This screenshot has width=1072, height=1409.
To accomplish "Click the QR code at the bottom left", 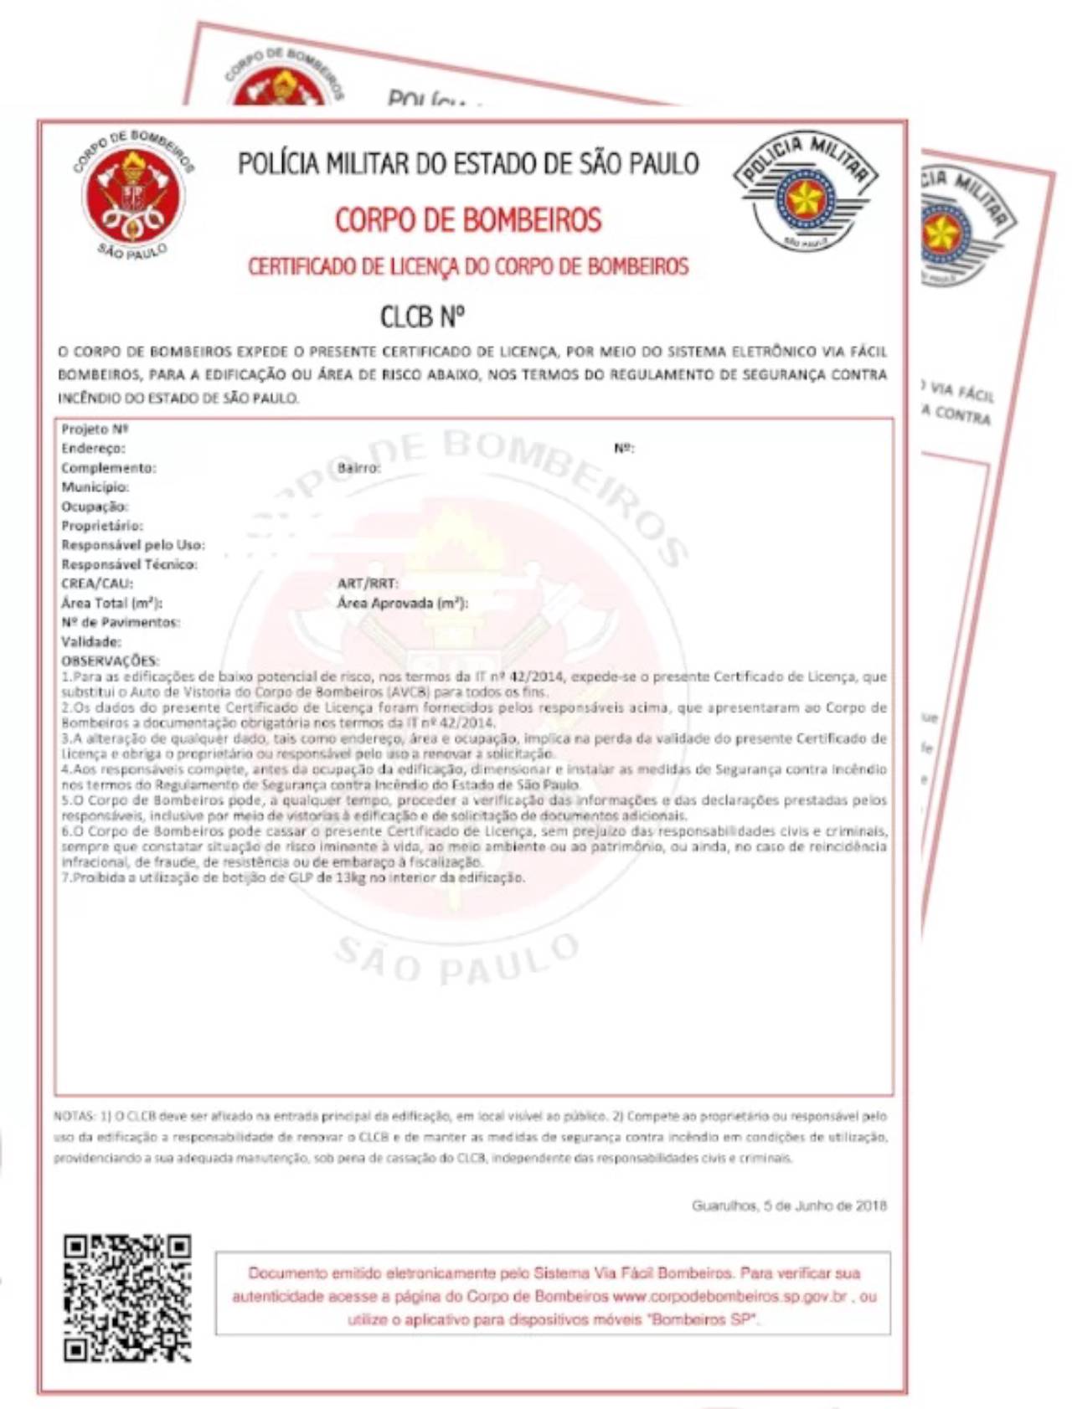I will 127,1297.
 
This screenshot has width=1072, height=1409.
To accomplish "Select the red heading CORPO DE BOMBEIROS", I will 468,220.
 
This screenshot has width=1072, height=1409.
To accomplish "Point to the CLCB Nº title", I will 422,317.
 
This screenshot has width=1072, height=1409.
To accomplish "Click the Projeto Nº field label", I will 94,429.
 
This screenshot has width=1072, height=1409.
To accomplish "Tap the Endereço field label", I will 93,449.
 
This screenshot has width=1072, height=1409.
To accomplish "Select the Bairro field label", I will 358,468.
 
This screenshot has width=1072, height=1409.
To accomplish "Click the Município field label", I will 95,487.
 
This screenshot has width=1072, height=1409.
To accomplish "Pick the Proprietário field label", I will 102,526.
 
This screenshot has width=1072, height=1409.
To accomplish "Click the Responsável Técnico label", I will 129,564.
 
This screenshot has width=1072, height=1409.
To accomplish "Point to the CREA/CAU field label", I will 97,584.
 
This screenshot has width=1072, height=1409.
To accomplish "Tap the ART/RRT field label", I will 368,584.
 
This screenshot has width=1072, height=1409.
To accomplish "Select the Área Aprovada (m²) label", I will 402,603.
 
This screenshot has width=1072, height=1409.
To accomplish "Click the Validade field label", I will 91,642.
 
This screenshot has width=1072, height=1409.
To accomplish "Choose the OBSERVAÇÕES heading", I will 110,661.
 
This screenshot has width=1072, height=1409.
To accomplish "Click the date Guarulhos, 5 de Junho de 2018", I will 789,1206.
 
